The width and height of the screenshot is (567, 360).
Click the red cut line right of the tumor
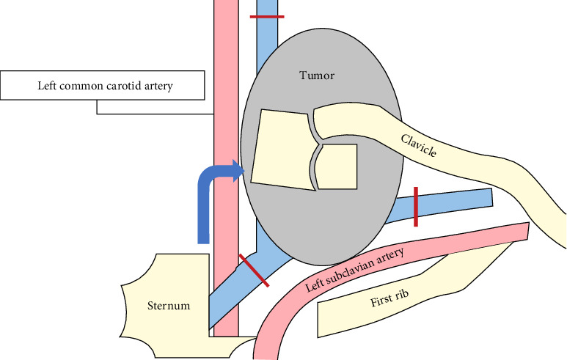coord(415,206)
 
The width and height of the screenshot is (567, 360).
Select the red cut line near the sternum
coord(253,270)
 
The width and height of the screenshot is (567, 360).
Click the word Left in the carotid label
coord(48,86)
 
